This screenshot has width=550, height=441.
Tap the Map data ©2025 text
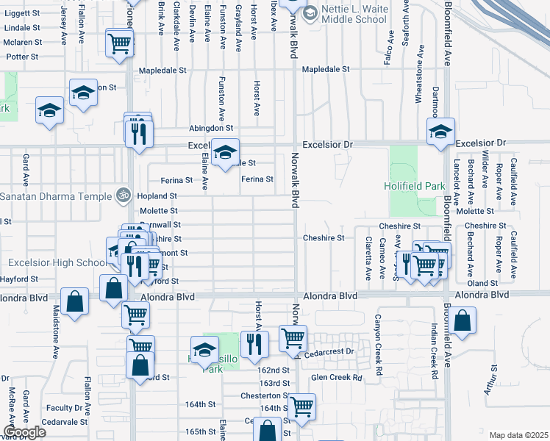click(518, 435)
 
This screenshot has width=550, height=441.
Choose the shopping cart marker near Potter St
click(119, 43)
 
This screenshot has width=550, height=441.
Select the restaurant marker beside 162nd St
click(254, 343)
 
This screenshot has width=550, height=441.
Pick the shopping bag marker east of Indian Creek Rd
click(461, 321)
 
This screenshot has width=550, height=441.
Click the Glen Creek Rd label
click(337, 378)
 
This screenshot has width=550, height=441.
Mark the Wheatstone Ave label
click(420, 74)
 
